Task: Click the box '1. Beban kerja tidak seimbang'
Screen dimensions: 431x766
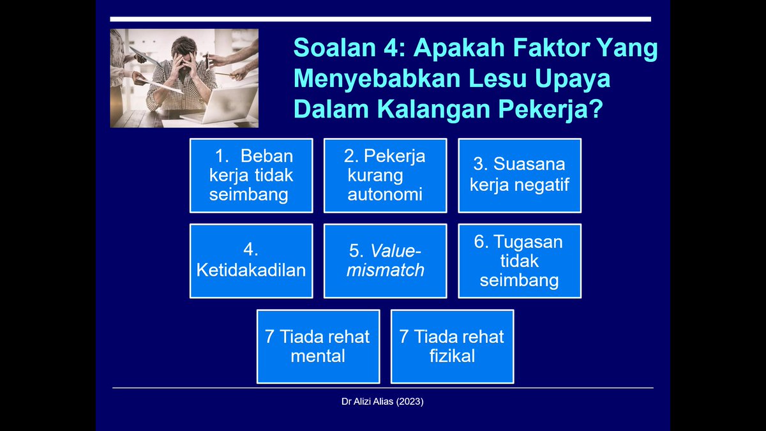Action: pyautogui.click(x=251, y=175)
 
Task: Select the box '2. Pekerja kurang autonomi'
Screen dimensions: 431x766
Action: pyautogui.click(x=385, y=175)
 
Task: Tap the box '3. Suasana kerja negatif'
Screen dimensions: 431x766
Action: pyautogui.click(x=520, y=175)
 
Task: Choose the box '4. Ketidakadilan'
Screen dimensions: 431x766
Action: pyautogui.click(x=251, y=261)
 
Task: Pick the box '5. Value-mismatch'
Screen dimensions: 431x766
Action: pyautogui.click(x=385, y=261)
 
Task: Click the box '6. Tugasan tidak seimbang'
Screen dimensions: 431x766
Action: pyautogui.click(x=520, y=261)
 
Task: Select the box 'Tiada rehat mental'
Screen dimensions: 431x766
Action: pyautogui.click(x=318, y=346)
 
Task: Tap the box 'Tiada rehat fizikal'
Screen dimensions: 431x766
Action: pyautogui.click(x=452, y=346)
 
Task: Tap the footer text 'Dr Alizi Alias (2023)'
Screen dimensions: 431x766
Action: pyautogui.click(x=382, y=402)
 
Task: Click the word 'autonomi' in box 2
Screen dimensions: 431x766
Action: pyautogui.click(x=385, y=194)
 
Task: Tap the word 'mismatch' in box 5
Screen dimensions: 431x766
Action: pyautogui.click(x=385, y=270)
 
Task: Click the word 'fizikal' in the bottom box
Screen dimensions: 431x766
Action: pyautogui.click(x=452, y=356)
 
